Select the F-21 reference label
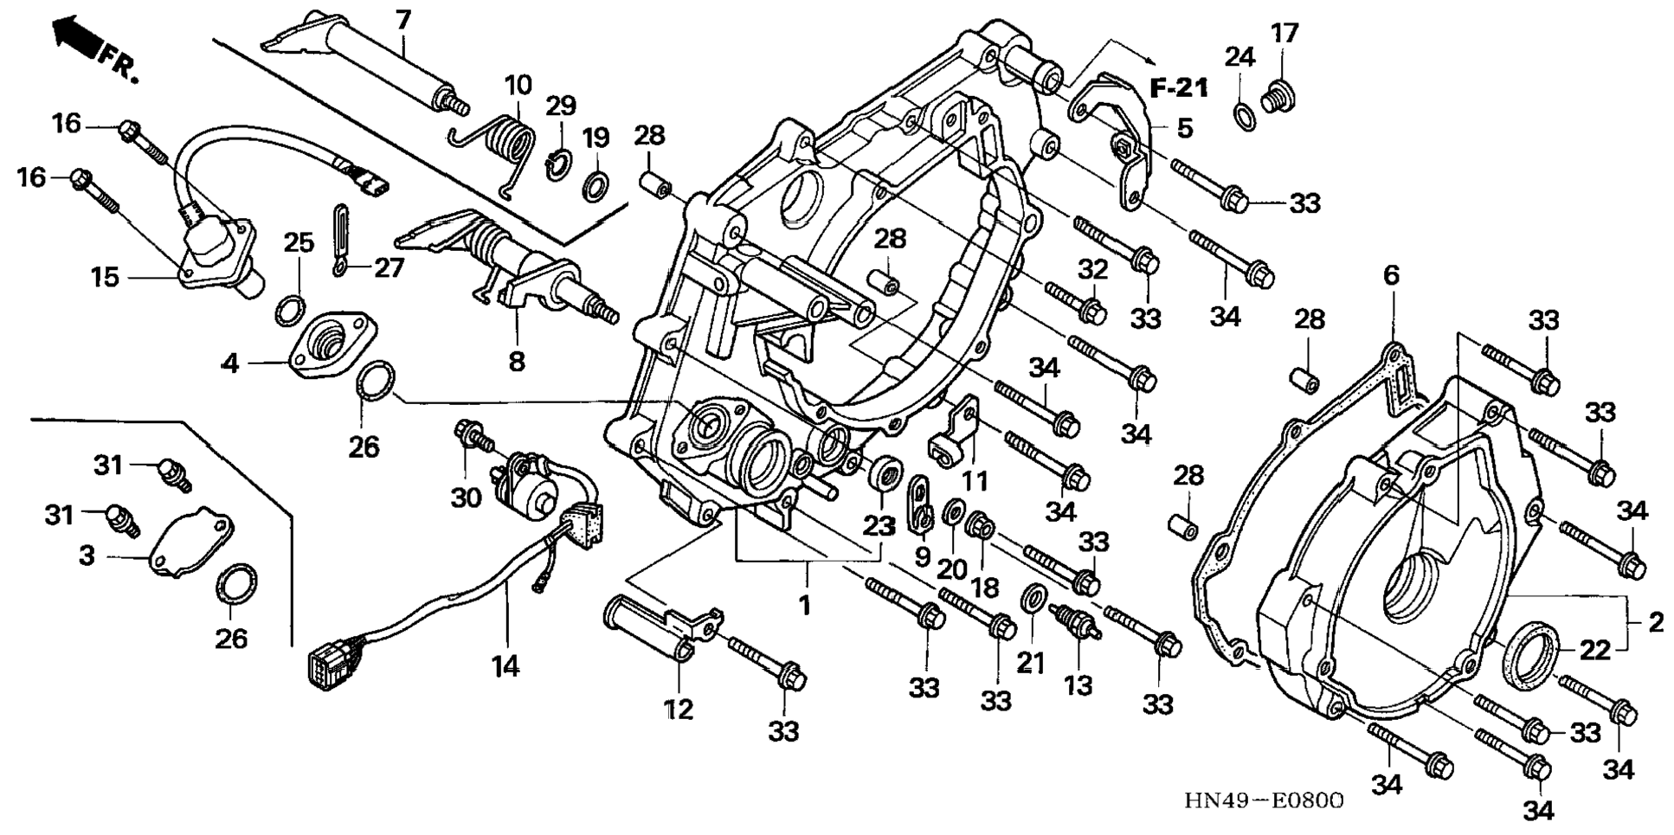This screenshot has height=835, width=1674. [x=1179, y=87]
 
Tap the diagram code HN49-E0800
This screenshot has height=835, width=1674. [x=1264, y=800]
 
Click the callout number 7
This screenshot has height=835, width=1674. [x=402, y=20]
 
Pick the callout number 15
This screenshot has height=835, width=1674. [x=105, y=277]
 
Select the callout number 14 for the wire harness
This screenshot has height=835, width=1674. [x=505, y=665]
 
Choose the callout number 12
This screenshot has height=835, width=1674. [x=679, y=709]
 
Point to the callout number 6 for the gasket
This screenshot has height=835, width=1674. [x=1391, y=276]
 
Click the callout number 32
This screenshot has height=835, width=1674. [x=1093, y=269]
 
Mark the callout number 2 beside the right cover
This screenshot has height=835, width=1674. [x=1655, y=622]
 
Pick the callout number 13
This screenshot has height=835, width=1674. [x=1078, y=684]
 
